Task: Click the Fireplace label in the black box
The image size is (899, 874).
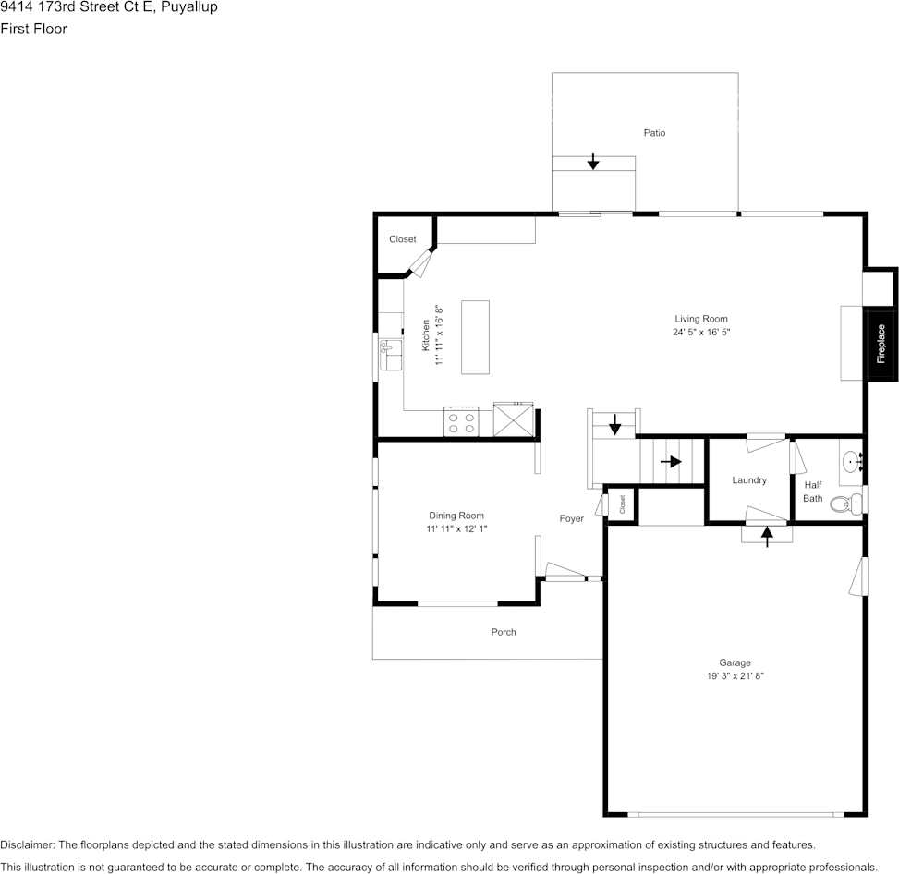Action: (881, 344)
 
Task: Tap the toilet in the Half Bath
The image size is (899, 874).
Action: (845, 504)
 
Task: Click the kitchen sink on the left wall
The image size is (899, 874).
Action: (389, 353)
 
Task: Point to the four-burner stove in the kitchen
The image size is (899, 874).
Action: (461, 422)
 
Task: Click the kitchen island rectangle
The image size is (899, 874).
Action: (475, 337)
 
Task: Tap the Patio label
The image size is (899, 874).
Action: (654, 133)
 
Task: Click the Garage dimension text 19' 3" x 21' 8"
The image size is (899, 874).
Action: (735, 676)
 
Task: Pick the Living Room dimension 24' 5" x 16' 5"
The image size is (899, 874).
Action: (701, 332)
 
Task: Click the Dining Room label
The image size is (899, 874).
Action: (456, 516)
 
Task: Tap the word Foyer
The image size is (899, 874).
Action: (571, 519)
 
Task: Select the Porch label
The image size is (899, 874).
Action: (504, 632)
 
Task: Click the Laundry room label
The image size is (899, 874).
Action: (749, 480)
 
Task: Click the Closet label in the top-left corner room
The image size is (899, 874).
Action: (402, 239)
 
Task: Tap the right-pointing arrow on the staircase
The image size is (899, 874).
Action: (671, 461)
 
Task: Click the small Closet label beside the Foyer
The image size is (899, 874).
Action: (622, 504)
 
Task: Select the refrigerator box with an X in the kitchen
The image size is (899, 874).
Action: (513, 420)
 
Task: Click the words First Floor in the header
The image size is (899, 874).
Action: (33, 29)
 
